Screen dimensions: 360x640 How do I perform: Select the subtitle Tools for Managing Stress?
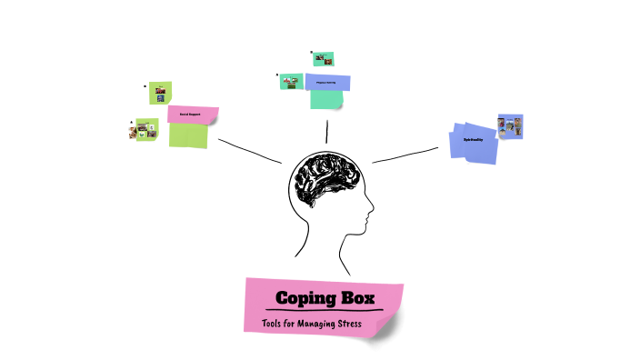[312, 325]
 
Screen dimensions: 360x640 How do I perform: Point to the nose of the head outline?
[370, 216]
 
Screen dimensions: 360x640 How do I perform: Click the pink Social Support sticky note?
[193, 115]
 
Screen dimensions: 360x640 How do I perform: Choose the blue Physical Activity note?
[325, 82]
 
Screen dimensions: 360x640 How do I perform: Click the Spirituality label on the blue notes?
[473, 139]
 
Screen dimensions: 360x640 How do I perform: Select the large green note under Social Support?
[188, 135]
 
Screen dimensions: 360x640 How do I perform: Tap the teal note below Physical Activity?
[326, 99]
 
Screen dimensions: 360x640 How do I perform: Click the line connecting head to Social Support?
[250, 151]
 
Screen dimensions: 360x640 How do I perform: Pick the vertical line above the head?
[326, 131]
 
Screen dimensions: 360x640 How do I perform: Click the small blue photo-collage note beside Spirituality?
[511, 126]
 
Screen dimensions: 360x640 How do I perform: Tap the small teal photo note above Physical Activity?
[323, 59]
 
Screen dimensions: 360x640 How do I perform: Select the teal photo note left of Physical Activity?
[291, 82]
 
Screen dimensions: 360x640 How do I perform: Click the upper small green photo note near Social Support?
[161, 93]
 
